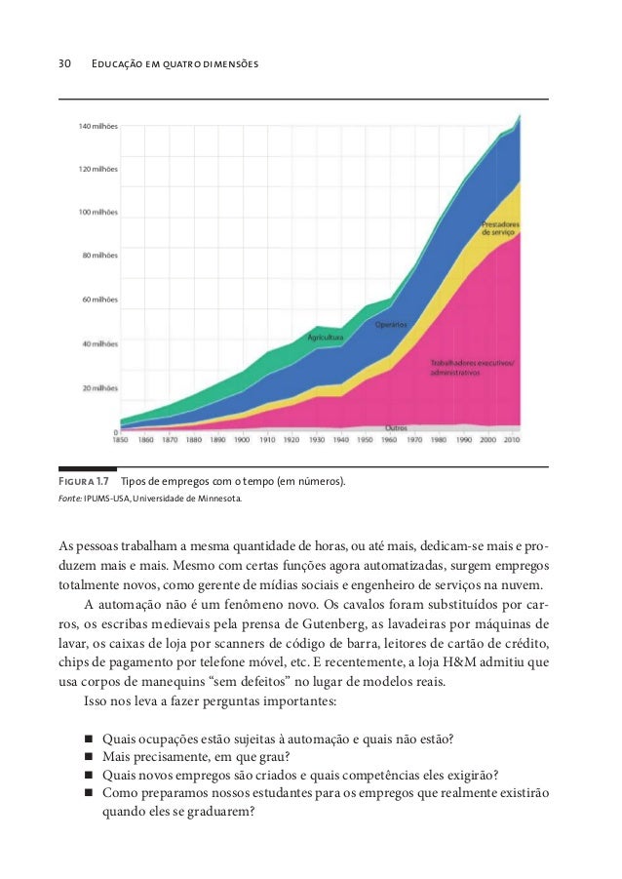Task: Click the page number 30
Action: (x=64, y=64)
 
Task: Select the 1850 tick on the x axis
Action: (x=120, y=440)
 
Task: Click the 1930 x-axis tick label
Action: (x=318, y=440)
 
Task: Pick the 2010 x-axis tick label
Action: (x=513, y=440)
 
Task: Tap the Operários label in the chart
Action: (x=392, y=323)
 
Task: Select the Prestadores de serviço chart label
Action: (x=499, y=230)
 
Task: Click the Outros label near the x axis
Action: (x=396, y=427)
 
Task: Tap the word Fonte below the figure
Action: (x=71, y=499)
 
